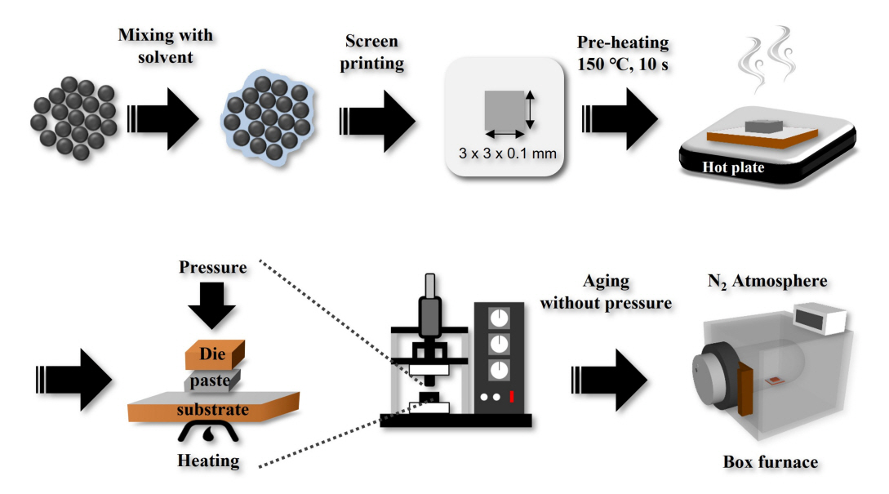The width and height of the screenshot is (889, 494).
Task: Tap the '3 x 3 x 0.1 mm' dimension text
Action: tap(502, 153)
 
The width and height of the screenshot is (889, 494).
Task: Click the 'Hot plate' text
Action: tap(734, 168)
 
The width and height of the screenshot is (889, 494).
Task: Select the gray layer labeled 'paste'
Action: tap(211, 381)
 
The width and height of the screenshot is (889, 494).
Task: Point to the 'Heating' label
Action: tap(209, 461)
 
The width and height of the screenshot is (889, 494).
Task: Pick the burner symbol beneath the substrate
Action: tap(211, 434)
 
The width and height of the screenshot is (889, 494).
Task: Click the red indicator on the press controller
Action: tap(512, 398)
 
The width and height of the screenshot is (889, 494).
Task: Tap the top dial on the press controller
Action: tap(496, 316)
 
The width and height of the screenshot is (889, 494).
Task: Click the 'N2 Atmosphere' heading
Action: tap(768, 282)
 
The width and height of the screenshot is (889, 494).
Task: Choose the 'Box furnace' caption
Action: tap(770, 463)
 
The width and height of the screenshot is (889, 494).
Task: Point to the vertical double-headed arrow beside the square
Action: tap(530, 109)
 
